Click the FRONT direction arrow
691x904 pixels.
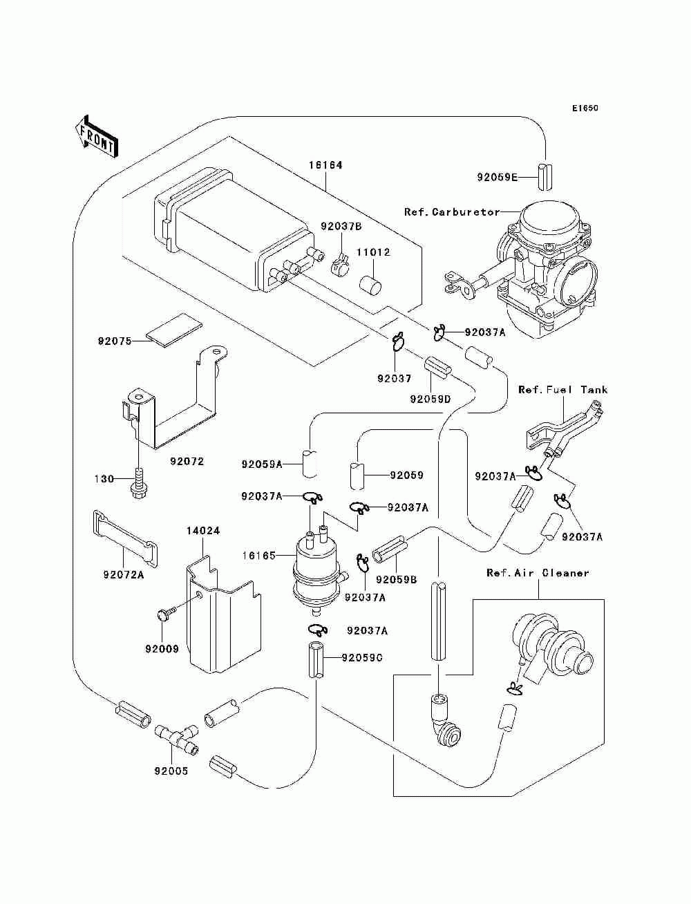[96, 135]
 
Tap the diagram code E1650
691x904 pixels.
[585, 109]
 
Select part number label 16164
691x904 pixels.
[325, 165]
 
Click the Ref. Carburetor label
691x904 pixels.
[452, 212]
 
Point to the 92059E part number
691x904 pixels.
[497, 178]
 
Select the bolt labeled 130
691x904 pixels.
[138, 482]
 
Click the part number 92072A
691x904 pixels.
[124, 574]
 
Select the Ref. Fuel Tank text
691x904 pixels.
[563, 390]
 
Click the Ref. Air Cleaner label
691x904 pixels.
[538, 573]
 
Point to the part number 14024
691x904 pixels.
[203, 531]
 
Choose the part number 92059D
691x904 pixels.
[430, 399]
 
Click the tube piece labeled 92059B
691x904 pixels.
[390, 550]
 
